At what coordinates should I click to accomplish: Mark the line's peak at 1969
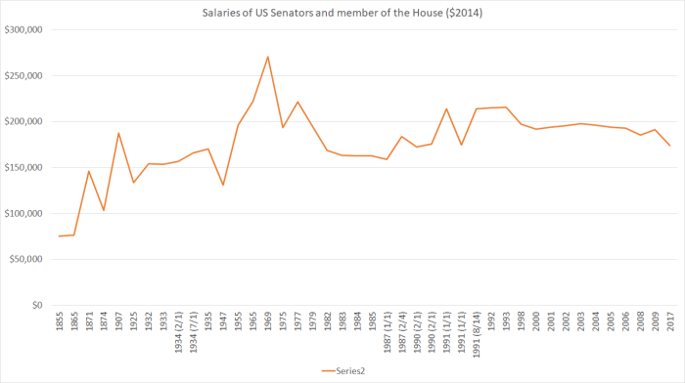[x=268, y=57]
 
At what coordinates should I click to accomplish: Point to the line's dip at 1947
[x=223, y=185]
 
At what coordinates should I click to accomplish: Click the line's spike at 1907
[x=118, y=133]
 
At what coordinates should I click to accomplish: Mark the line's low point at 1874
[x=104, y=210]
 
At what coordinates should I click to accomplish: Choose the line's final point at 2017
[x=669, y=146]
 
